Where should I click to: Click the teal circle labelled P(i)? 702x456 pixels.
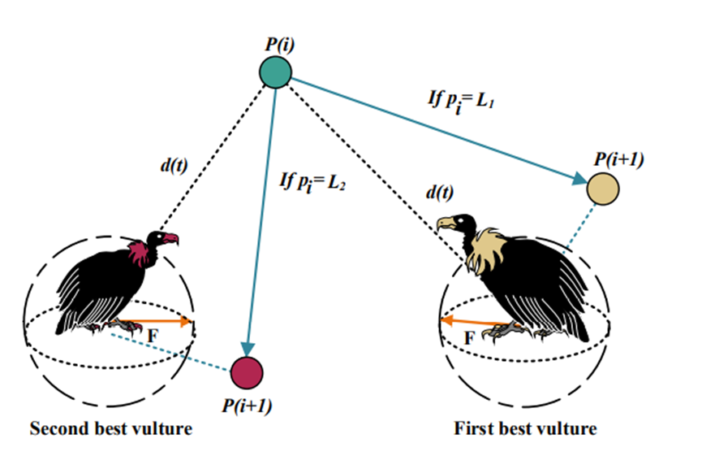click(x=276, y=72)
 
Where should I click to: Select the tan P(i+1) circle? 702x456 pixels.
click(x=603, y=188)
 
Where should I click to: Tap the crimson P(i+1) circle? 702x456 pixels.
click(x=248, y=372)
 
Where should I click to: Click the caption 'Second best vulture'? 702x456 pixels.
click(x=111, y=428)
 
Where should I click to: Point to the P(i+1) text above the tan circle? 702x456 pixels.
click(x=618, y=158)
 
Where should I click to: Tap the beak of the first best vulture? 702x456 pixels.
click(x=441, y=224)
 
